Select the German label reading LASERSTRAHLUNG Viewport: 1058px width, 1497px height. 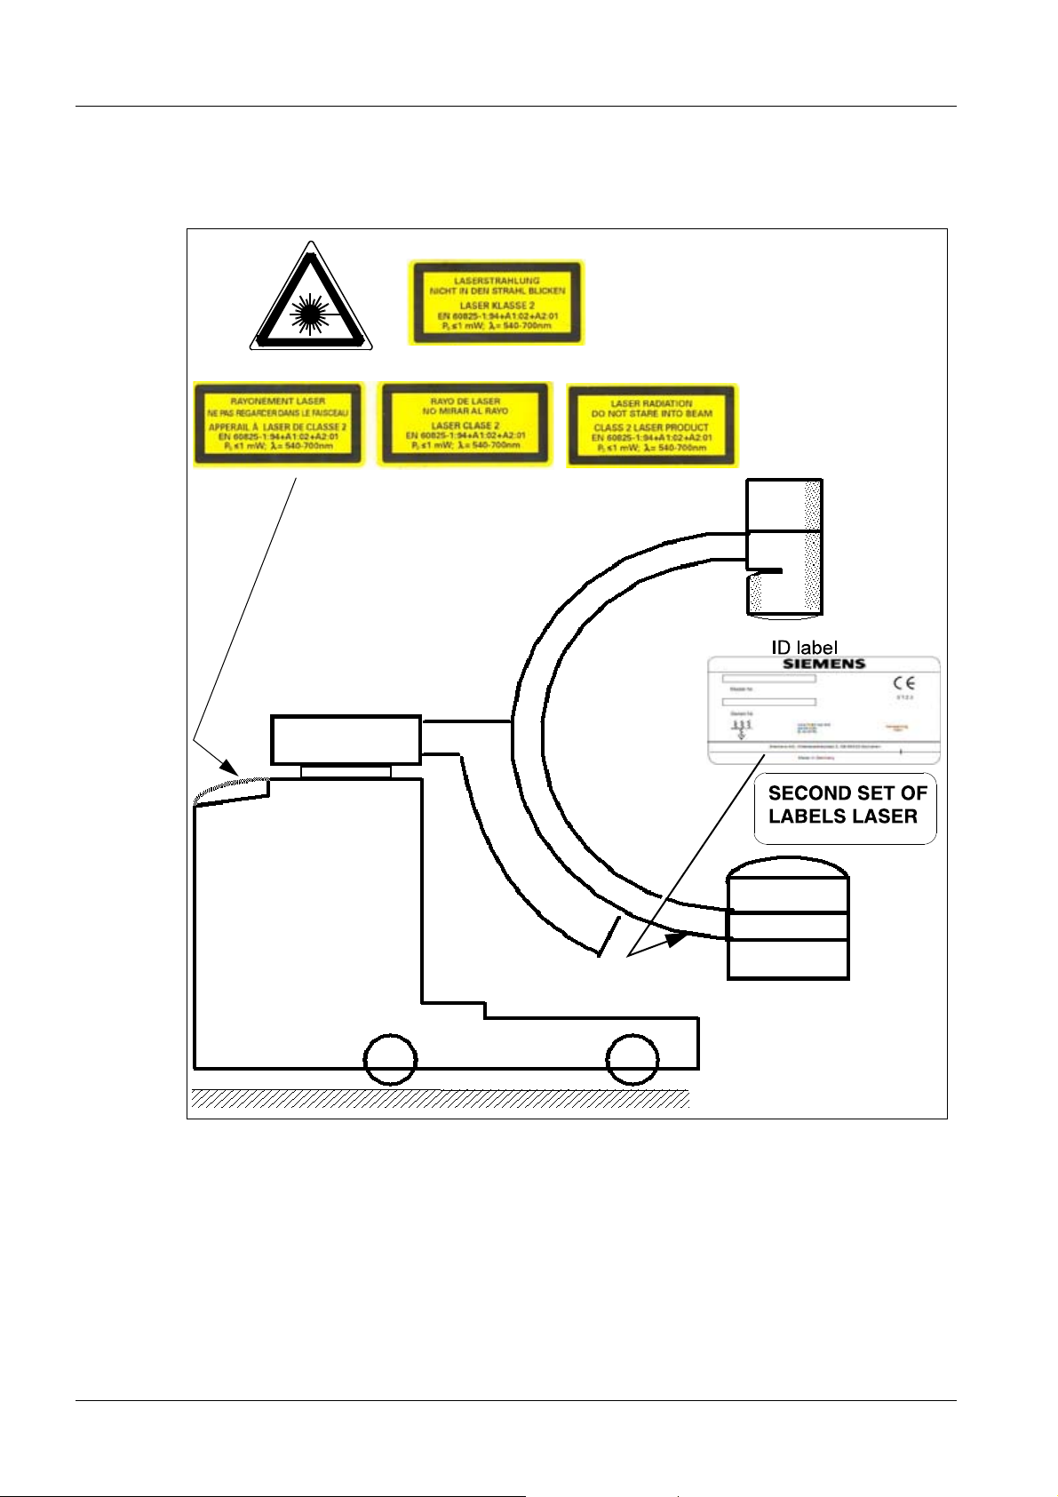(x=497, y=302)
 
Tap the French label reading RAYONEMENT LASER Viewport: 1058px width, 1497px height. (x=278, y=425)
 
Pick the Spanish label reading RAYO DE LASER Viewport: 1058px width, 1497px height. (x=465, y=425)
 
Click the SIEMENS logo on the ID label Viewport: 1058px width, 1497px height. (x=823, y=664)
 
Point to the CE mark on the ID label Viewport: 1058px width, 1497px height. (x=904, y=683)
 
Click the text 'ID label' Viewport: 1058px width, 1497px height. (x=804, y=648)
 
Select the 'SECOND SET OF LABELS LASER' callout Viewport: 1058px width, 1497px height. (x=846, y=806)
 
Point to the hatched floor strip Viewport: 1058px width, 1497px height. (x=441, y=1099)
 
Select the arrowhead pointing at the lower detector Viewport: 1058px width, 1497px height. (x=676, y=938)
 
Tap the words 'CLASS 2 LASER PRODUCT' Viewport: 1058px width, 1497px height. (x=651, y=427)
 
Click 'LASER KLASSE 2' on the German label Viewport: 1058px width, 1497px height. (x=497, y=306)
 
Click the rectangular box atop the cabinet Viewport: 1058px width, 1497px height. (x=346, y=739)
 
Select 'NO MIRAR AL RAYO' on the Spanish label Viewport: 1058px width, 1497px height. (x=465, y=411)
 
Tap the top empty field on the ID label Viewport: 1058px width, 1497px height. (x=768, y=679)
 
